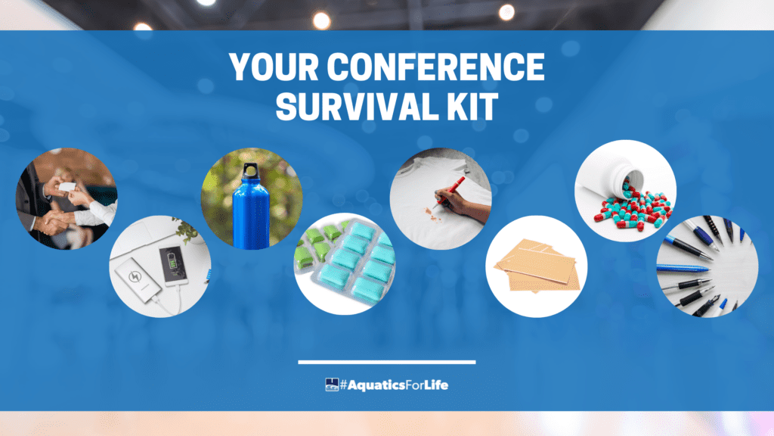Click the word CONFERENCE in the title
coord(435,67)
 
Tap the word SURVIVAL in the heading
coord(358,106)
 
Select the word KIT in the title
coord(473,106)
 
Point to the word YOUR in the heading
coord(274,67)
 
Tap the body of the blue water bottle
coord(251,213)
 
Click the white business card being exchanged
coord(67,187)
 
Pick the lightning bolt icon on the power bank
coord(135,276)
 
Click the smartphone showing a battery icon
coord(173,266)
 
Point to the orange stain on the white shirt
coord(431,215)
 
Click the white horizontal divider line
coord(387,363)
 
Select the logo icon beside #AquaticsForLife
coord(332,385)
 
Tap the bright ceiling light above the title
coord(322,20)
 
